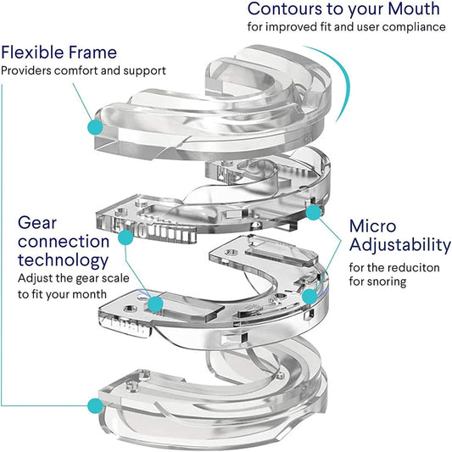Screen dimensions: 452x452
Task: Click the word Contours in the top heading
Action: [283, 9]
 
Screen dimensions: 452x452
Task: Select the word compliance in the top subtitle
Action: [414, 27]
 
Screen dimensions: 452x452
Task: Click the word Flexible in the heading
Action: [36, 52]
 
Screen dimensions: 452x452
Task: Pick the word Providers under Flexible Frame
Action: [25, 70]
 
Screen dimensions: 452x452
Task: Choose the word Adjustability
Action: [399, 245]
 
